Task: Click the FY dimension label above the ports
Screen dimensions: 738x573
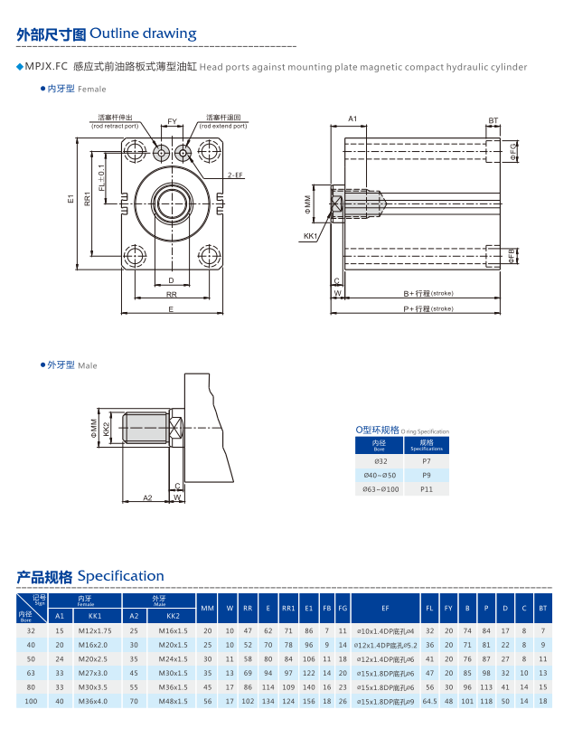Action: (x=173, y=120)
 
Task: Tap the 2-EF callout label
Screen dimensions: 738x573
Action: (x=234, y=175)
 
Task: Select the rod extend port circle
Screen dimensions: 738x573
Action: (x=184, y=153)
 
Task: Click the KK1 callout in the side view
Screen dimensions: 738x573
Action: (x=310, y=236)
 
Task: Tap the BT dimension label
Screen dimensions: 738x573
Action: (x=493, y=120)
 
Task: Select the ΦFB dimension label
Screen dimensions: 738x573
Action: (x=512, y=256)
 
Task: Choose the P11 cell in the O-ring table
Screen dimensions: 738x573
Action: (x=427, y=488)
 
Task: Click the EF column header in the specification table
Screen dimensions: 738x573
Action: (x=385, y=608)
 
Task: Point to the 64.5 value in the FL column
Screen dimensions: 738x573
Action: (x=429, y=701)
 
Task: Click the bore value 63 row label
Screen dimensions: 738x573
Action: (x=31, y=673)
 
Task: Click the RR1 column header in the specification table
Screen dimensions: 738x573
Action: (x=288, y=608)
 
